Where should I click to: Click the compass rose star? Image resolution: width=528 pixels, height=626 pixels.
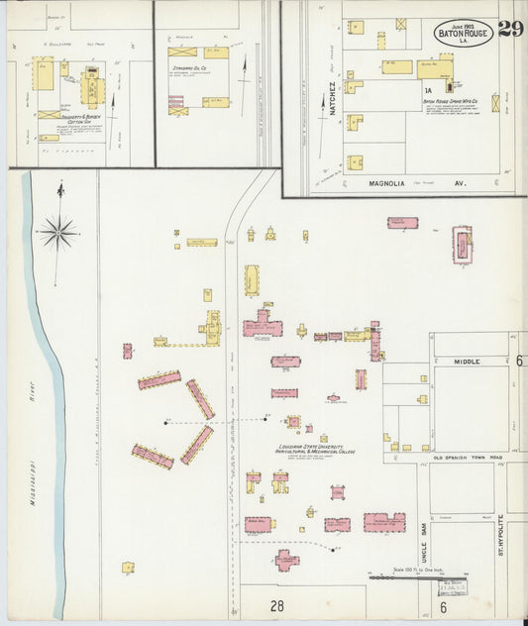pos(58,234)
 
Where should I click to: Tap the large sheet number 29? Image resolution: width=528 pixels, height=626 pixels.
pos(511,30)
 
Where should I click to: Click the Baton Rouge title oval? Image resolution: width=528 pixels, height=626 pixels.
pos(463,33)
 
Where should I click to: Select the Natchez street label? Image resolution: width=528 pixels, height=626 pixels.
pos(333,98)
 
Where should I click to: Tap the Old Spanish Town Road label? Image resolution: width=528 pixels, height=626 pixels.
pos(468,457)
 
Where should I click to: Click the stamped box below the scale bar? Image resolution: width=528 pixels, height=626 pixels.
pos(454,587)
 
